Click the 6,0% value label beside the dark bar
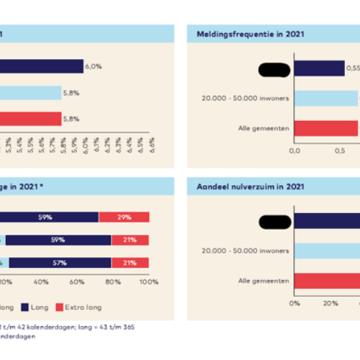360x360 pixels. coord(93,66)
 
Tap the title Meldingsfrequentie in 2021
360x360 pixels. coord(243,33)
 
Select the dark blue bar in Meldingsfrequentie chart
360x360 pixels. coord(319,69)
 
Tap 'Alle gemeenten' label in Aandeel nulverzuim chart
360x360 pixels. coord(264,280)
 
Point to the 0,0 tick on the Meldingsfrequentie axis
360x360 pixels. coord(294,151)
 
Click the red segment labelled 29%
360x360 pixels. coord(123,217)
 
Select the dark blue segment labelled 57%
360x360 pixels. coord(60,263)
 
